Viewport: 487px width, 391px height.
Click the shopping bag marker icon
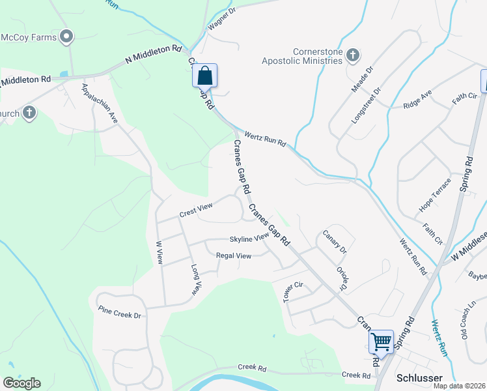204,76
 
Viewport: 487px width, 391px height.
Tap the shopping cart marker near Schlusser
381,341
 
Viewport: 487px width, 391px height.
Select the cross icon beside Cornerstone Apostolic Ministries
353,55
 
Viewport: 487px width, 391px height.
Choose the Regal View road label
233,256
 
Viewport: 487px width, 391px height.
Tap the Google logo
21,383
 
